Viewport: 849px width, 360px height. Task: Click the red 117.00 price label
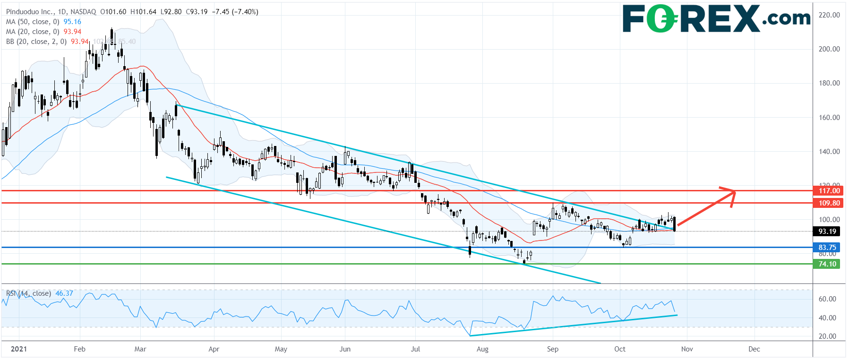click(x=829, y=191)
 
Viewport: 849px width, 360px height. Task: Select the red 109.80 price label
click(x=829, y=203)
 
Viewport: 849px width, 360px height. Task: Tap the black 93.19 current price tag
click(x=827, y=231)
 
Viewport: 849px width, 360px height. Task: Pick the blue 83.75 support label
click(x=827, y=248)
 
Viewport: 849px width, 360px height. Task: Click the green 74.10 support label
click(x=827, y=264)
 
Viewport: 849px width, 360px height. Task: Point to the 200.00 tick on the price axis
click(x=829, y=49)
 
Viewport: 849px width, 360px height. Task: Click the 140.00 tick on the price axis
click(x=829, y=152)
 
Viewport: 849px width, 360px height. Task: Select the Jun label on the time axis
click(x=345, y=349)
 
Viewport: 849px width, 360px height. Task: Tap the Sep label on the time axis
click(x=552, y=349)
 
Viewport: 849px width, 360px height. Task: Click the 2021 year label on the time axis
click(x=18, y=349)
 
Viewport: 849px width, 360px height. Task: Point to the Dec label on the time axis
click(x=754, y=349)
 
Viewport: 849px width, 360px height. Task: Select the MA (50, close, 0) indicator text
click(x=33, y=22)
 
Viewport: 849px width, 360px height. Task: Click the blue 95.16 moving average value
click(x=72, y=22)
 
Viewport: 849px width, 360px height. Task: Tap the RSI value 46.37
click(x=64, y=293)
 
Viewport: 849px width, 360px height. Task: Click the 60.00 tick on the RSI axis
click(x=827, y=299)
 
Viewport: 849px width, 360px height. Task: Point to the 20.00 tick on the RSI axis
click(x=827, y=336)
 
